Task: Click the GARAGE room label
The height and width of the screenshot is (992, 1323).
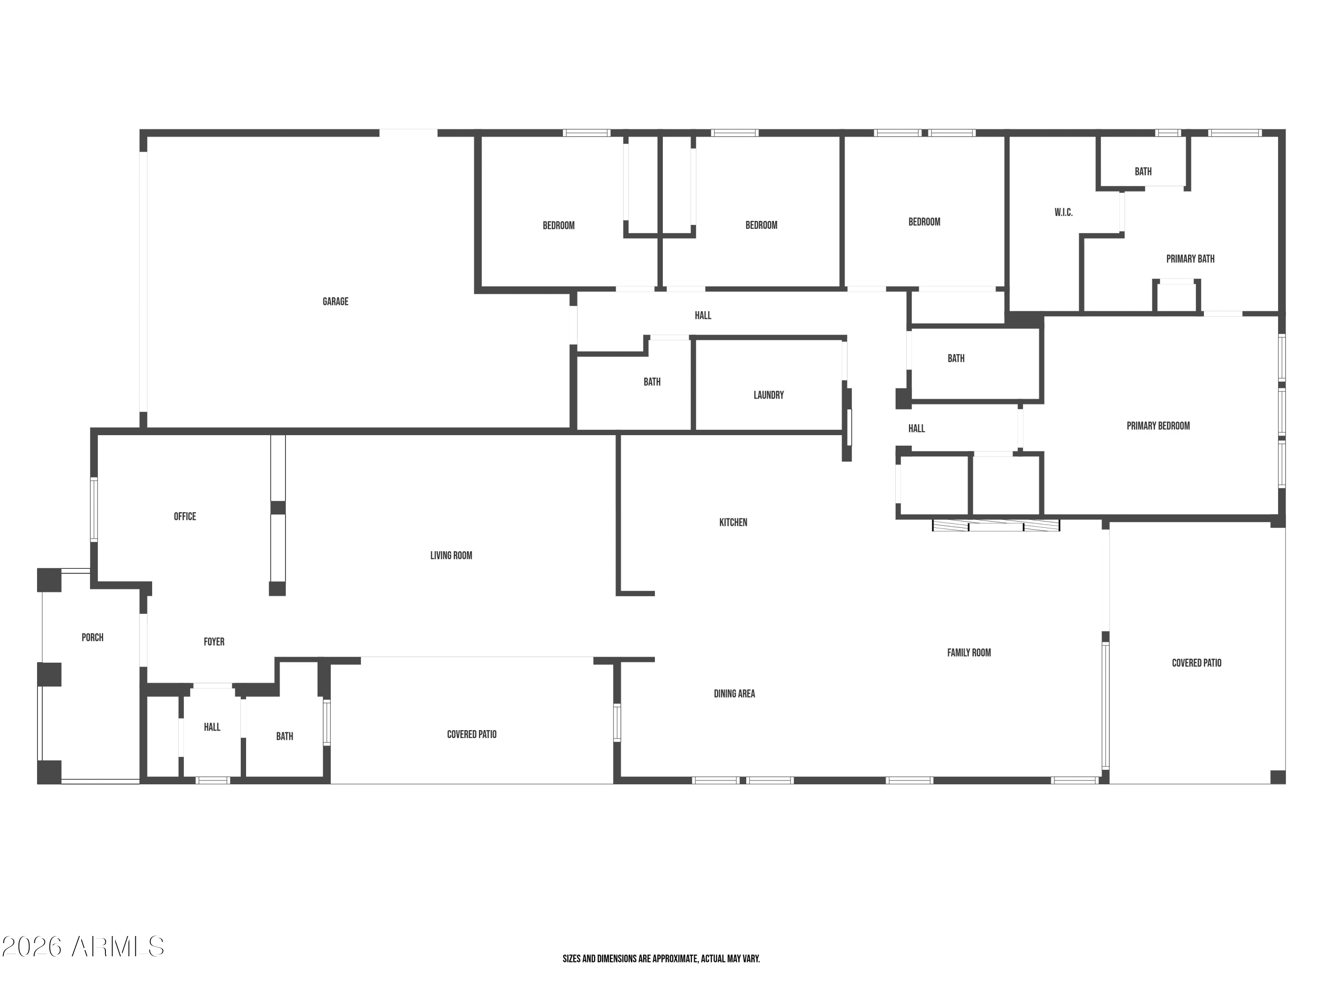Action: coord(336,302)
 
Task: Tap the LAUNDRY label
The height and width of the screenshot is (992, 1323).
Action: coord(769,395)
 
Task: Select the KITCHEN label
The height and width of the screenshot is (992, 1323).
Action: coord(733,522)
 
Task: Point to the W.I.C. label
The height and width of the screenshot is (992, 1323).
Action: coord(1063,212)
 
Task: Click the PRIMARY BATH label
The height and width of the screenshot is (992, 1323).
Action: coord(1190,259)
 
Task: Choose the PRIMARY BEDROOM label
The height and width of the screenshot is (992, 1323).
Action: coord(1159,426)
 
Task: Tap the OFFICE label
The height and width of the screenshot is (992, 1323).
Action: coord(185,516)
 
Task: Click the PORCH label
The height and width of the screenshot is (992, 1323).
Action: coord(93,638)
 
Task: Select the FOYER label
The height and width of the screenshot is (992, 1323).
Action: coord(214,641)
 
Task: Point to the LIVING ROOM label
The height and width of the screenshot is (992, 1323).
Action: coord(452,556)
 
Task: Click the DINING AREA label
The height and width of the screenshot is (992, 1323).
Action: coord(734,694)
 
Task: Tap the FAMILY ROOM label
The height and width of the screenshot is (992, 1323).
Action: coord(969,653)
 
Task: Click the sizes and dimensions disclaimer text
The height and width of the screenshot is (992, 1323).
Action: coord(661,958)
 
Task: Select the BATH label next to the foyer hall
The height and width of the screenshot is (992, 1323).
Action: coord(285,736)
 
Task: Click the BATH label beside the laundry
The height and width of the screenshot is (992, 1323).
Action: coord(652,381)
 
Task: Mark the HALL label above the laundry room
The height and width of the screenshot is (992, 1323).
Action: coord(703,315)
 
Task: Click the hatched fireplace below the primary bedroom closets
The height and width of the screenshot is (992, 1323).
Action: coord(996,526)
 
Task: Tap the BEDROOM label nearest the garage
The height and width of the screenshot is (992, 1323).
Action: coord(559,225)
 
